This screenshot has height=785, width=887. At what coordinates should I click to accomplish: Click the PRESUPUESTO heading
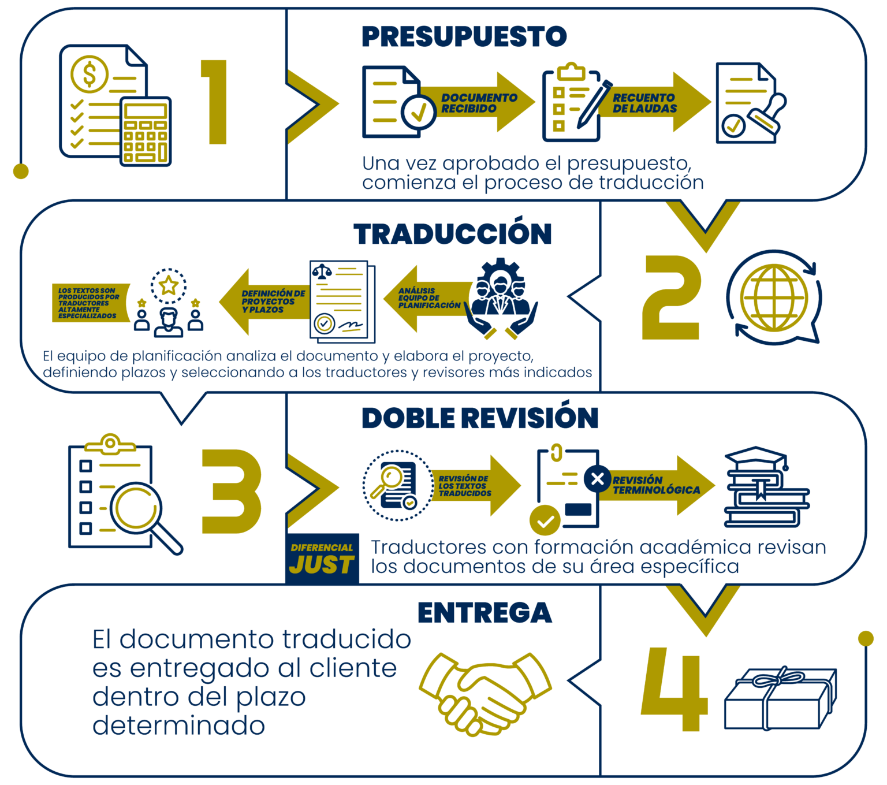[x=464, y=36]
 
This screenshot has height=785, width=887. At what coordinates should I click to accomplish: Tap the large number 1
[x=214, y=102]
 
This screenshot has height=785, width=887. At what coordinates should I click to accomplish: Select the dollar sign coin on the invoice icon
[x=90, y=74]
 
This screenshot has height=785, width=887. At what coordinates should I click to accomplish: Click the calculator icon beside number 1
[x=146, y=132]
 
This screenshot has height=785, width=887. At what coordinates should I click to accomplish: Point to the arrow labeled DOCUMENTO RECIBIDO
[x=477, y=102]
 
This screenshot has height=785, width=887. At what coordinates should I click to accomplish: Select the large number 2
[x=671, y=297]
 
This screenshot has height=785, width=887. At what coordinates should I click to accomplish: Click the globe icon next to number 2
[x=774, y=297]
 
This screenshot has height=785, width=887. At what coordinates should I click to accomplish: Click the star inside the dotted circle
[x=169, y=285]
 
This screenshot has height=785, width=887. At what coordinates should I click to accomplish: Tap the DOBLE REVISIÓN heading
[x=480, y=418]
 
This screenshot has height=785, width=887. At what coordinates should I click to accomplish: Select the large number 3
[x=232, y=491]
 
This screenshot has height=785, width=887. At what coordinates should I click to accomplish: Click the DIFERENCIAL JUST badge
[x=322, y=559]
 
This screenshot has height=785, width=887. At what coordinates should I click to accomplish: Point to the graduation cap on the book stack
[x=756, y=458]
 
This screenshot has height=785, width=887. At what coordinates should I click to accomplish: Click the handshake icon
[x=485, y=694]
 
